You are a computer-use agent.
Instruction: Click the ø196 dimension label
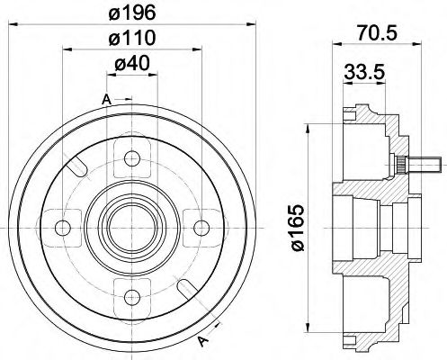[134, 14]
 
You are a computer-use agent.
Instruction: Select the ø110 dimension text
[134, 40]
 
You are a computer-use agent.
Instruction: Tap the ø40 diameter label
[133, 66]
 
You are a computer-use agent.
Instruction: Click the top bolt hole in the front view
[133, 159]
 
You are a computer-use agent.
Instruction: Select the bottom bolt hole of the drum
[133, 290]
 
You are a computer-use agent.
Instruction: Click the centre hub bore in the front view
[133, 225]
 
